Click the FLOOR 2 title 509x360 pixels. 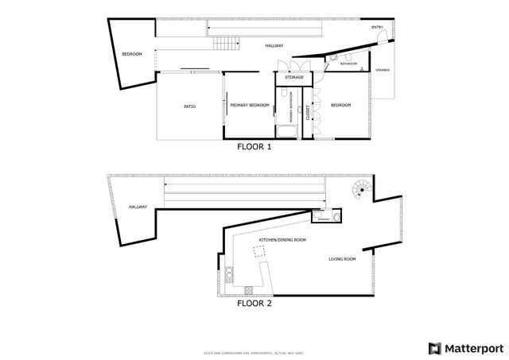[254, 303]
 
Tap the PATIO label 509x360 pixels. [190, 106]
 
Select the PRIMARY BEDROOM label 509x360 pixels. [250, 106]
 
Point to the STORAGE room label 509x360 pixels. [294, 77]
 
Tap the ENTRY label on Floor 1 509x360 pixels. [377, 28]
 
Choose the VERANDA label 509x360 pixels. [383, 71]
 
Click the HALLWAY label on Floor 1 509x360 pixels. [274, 46]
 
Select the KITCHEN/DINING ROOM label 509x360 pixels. [282, 239]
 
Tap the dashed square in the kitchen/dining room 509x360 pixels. [259, 251]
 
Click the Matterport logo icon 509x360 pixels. [434, 347]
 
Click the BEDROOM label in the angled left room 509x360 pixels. [131, 54]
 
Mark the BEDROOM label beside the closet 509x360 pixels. [340, 106]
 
